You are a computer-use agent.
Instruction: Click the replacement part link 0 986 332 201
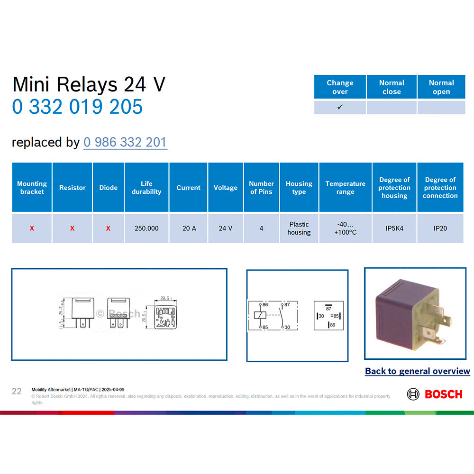[x=125, y=142]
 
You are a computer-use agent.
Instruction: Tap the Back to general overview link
[x=417, y=371]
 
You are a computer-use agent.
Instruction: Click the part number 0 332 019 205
[x=77, y=107]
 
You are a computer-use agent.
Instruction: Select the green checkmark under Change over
[x=340, y=107]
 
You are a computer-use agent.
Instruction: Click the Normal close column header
[x=392, y=87]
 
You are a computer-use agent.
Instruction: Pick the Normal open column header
[x=441, y=87]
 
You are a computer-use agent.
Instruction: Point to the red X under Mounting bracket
[x=32, y=228]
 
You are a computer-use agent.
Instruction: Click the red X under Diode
[x=108, y=228]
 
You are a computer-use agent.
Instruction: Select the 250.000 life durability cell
[x=146, y=228]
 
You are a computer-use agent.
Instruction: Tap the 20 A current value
[x=189, y=228]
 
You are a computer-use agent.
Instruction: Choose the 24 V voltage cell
[x=225, y=228]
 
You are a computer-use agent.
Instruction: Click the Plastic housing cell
[x=299, y=228]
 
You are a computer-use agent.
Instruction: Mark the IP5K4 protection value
[x=394, y=228]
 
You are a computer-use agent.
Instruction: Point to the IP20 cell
[x=440, y=228]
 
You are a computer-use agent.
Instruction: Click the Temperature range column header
[x=345, y=188]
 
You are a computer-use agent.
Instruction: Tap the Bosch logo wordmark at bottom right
[x=443, y=394]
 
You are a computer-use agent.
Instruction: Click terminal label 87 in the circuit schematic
[x=287, y=304]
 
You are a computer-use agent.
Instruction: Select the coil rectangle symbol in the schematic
[x=259, y=315]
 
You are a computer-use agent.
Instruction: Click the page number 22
[x=17, y=391]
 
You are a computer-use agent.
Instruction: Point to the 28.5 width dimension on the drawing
[x=165, y=298]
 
